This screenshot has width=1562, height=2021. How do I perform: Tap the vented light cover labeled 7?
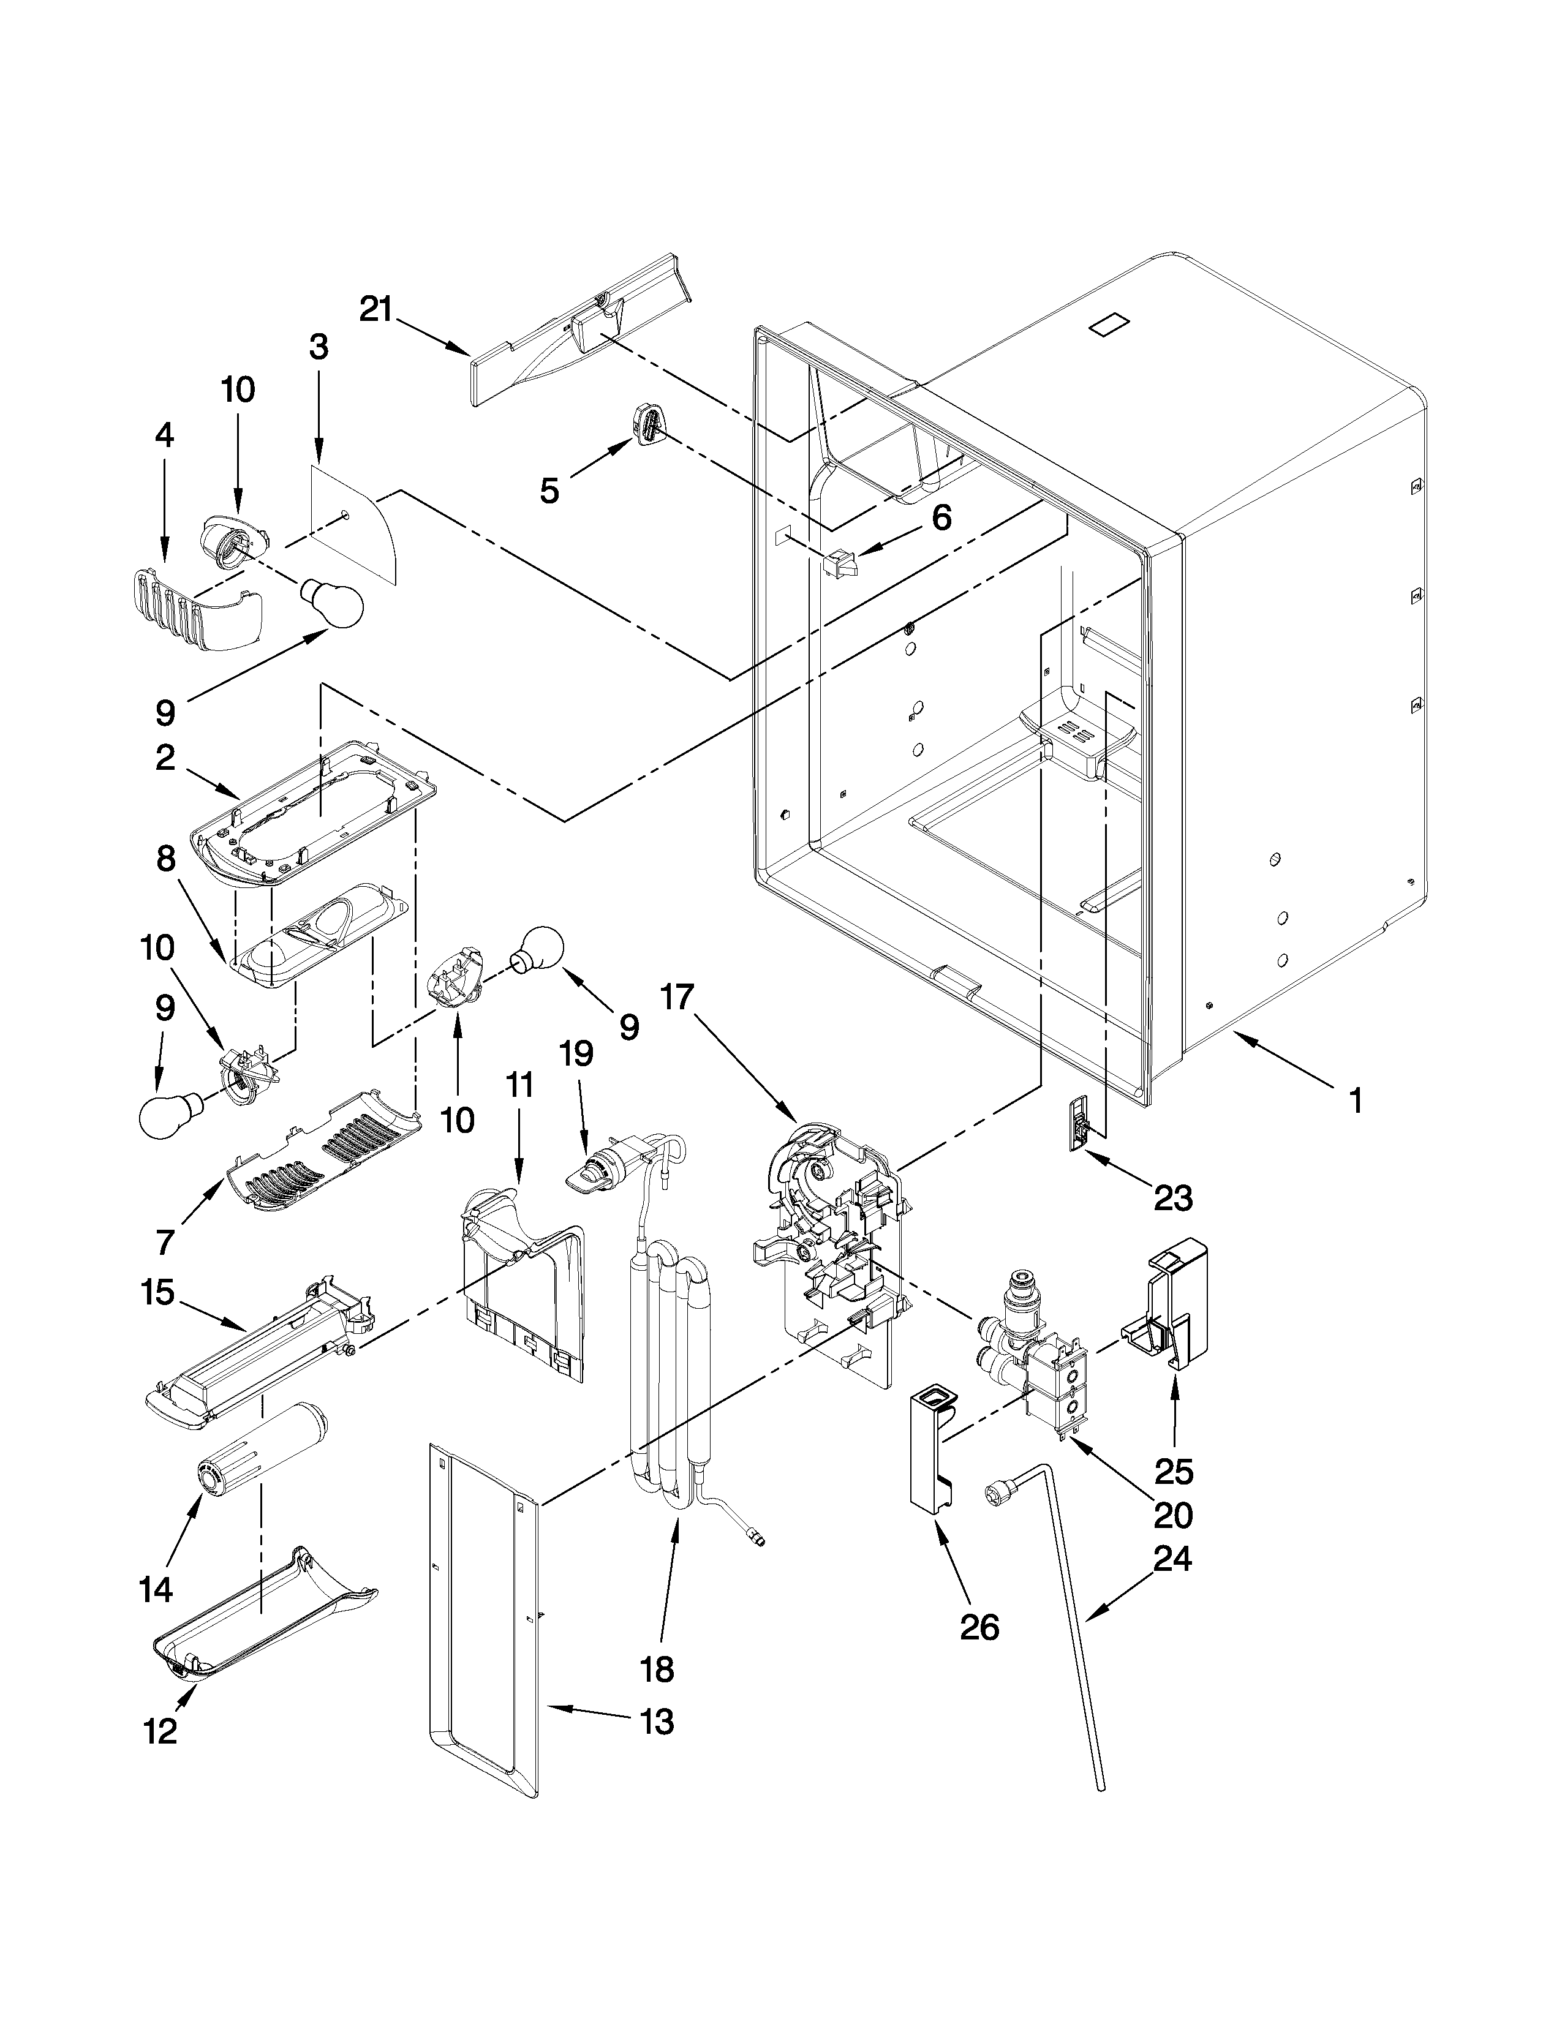pos(324,1152)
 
